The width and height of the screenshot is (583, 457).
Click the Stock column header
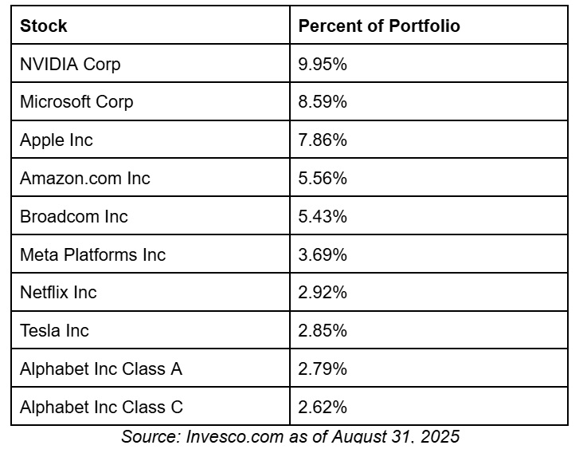(x=44, y=26)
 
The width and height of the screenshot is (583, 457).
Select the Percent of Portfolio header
(x=379, y=26)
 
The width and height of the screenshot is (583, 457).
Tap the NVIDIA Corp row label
(x=70, y=64)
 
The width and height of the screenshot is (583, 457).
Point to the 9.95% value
(x=323, y=64)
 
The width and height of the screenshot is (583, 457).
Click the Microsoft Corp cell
(x=76, y=102)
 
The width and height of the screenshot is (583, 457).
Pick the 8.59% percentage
(x=323, y=102)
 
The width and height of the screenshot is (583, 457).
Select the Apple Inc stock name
(x=57, y=140)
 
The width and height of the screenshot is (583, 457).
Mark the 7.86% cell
(x=323, y=140)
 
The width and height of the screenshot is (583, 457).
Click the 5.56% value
(x=323, y=179)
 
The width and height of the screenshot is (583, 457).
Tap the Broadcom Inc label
(x=74, y=217)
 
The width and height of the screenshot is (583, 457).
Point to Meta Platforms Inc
(x=93, y=254)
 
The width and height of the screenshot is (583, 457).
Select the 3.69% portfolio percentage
(x=323, y=254)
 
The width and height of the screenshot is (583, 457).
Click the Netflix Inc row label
(x=58, y=293)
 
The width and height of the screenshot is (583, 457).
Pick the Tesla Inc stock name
(x=54, y=331)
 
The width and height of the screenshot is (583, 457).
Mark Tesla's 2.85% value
(x=323, y=331)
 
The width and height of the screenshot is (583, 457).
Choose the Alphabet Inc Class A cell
(x=101, y=369)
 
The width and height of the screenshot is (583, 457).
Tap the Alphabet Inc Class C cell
(x=101, y=408)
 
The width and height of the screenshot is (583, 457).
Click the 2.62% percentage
(x=323, y=408)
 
